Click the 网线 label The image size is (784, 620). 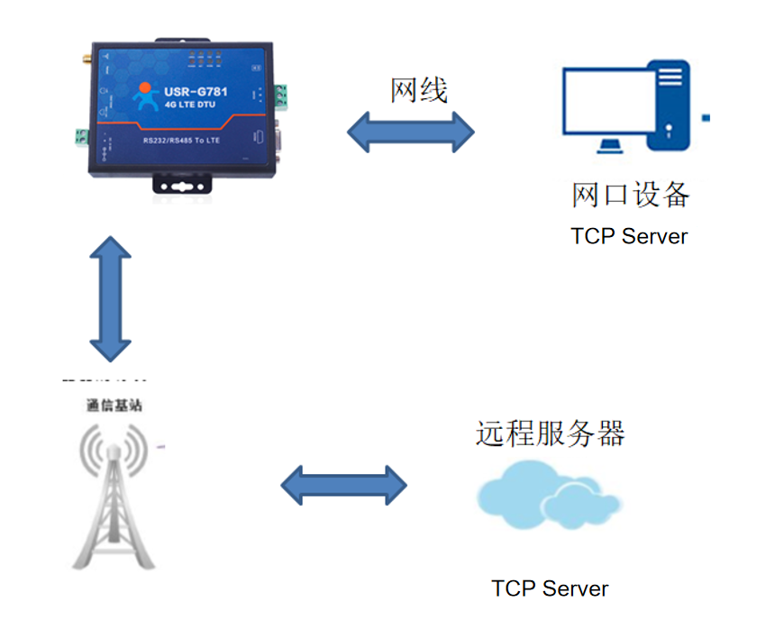coord(419,89)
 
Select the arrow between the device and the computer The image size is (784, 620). coord(411,132)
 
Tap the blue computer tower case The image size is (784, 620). coord(672,106)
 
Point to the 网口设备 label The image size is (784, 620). coord(630,195)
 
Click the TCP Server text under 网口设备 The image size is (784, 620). coord(629,237)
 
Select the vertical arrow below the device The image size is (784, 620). coord(110,298)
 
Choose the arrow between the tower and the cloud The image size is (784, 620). coord(343,486)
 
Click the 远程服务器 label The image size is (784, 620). coord(550,433)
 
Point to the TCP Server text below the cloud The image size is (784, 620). coord(550,589)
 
